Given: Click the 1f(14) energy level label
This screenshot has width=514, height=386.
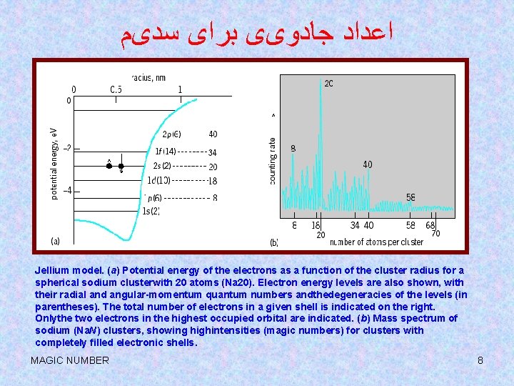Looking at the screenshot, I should click(x=165, y=152).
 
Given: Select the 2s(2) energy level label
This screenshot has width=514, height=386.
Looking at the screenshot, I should click(x=162, y=166).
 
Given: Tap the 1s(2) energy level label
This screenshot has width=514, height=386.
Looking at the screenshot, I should click(x=151, y=210).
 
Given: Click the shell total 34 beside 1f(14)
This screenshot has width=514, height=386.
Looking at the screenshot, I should click(x=213, y=152).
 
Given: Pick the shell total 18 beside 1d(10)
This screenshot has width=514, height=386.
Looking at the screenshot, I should click(x=213, y=181).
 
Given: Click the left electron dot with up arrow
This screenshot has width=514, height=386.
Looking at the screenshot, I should click(x=109, y=166).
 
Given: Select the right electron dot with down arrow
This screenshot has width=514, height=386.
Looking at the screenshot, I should click(x=121, y=166).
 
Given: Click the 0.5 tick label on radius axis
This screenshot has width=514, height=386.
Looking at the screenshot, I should click(x=116, y=89).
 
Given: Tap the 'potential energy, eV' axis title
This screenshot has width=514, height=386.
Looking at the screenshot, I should click(x=55, y=163).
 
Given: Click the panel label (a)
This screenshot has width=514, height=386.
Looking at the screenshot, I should click(x=56, y=241).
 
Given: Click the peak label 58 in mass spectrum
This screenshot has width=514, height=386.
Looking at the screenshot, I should click(x=411, y=197).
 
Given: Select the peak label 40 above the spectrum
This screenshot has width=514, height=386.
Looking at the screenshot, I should click(x=367, y=164).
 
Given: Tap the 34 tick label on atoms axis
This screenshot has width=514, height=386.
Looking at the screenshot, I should click(x=355, y=226).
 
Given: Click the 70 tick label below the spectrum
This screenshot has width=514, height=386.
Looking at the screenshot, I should click(x=435, y=234).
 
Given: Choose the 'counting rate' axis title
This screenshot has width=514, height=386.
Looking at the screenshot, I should click(x=273, y=162).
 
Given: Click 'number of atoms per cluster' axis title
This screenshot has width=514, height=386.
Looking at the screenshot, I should click(x=376, y=242).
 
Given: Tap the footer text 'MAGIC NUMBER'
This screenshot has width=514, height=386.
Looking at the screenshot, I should click(x=70, y=360).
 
